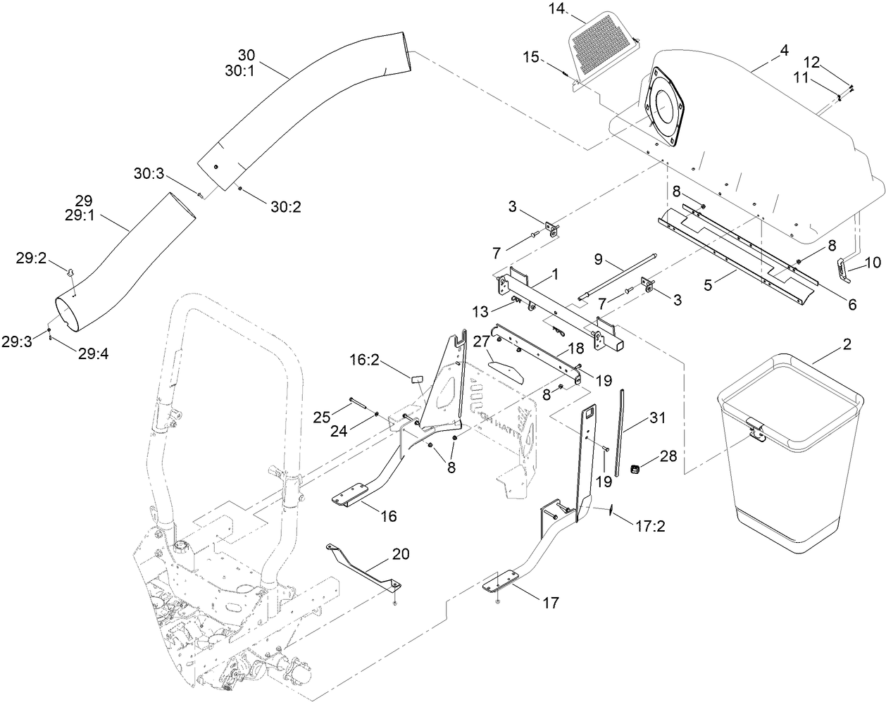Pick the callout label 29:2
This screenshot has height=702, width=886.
point(31,258)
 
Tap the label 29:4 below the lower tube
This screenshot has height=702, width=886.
point(92,354)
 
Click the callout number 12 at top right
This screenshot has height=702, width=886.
point(811,62)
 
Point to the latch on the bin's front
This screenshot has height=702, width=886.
point(755,430)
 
